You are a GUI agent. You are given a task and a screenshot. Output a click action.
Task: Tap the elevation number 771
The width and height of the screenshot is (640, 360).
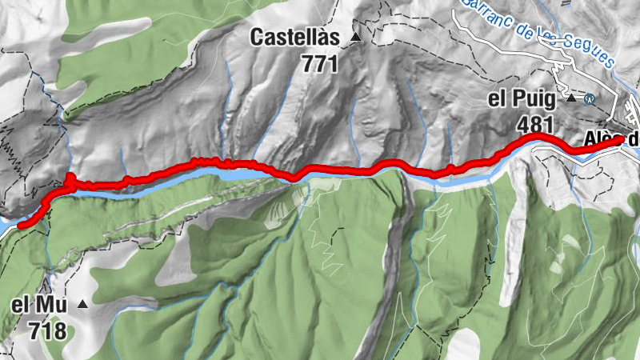321,64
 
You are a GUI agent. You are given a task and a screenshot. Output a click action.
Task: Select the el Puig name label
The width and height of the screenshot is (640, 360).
524,100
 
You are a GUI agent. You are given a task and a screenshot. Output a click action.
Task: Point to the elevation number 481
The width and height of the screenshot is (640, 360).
536,125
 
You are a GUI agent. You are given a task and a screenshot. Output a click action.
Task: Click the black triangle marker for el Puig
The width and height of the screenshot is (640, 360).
571,99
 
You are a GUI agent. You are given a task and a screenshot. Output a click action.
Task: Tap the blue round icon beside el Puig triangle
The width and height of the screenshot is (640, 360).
590,99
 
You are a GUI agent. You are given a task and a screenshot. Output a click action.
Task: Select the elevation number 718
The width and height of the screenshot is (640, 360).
46,330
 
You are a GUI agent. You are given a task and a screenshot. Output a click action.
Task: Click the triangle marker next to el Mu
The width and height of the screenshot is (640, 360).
82,304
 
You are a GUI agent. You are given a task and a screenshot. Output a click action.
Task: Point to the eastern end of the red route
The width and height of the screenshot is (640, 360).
622,140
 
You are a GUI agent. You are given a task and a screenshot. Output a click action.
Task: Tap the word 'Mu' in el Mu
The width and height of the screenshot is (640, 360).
51,305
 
